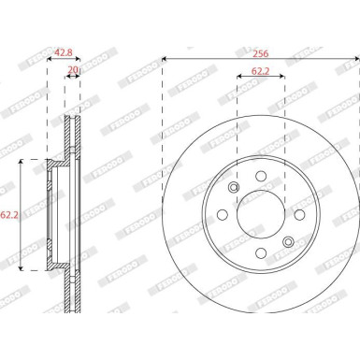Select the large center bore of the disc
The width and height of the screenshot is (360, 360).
pos(261,214)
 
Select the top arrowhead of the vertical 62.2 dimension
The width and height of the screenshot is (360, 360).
pos(22,162)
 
